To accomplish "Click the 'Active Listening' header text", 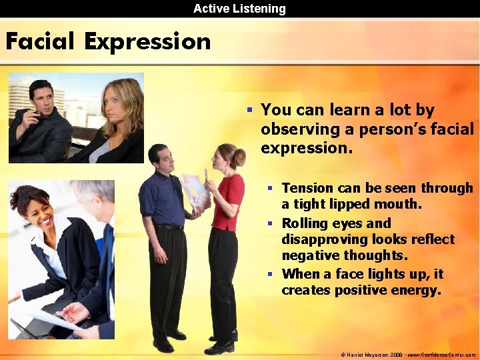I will click(239, 9).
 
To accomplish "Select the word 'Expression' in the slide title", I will click(147, 43).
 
